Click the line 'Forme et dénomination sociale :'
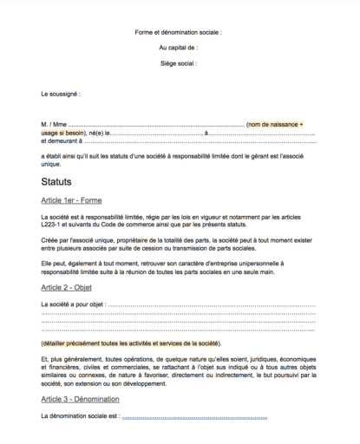click(180, 31)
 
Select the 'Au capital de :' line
click(180, 47)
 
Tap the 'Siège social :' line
click(180, 63)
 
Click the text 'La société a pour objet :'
click(78, 304)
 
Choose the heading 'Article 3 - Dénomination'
click(85, 399)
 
